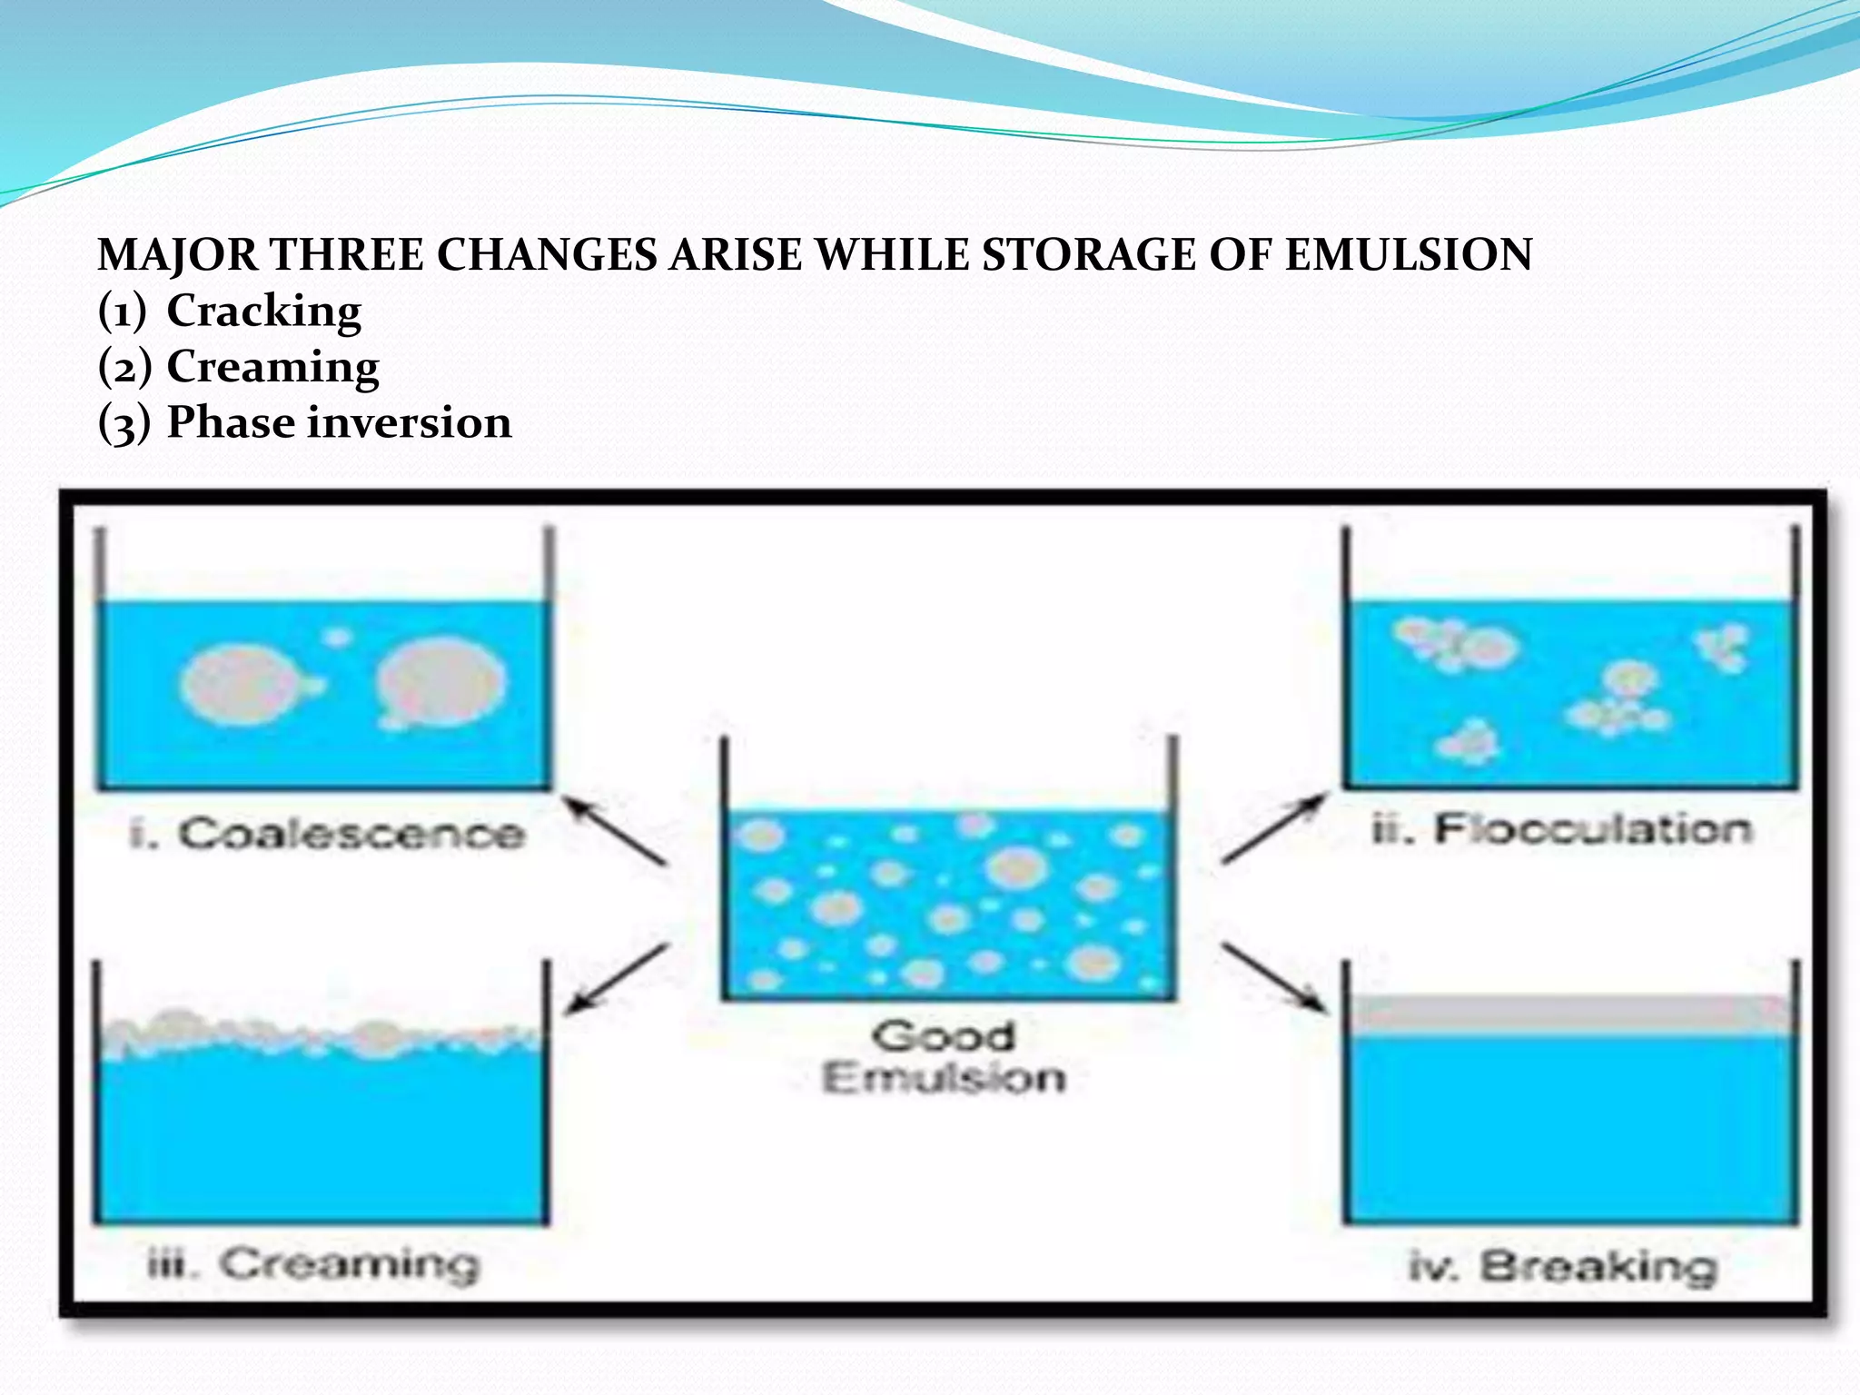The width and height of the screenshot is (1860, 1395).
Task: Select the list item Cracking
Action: click(x=263, y=312)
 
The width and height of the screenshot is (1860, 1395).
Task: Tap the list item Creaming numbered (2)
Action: click(x=272, y=368)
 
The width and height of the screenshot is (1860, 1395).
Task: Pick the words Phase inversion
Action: click(x=339, y=423)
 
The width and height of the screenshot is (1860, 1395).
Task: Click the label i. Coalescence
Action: click(x=327, y=834)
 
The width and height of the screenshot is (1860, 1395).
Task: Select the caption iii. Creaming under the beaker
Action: click(x=313, y=1264)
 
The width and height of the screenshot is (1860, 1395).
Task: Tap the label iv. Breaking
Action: click(x=1562, y=1267)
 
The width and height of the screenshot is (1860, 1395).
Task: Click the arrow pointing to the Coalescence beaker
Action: click(x=615, y=830)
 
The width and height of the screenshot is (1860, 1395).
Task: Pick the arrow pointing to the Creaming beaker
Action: click(x=617, y=978)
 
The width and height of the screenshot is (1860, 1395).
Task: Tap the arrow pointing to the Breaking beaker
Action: click(x=1273, y=977)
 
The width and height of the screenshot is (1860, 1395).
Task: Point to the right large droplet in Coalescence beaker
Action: click(x=441, y=683)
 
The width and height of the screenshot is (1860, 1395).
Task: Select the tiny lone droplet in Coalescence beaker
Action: click(x=337, y=638)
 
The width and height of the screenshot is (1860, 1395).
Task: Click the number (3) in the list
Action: click(x=124, y=424)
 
